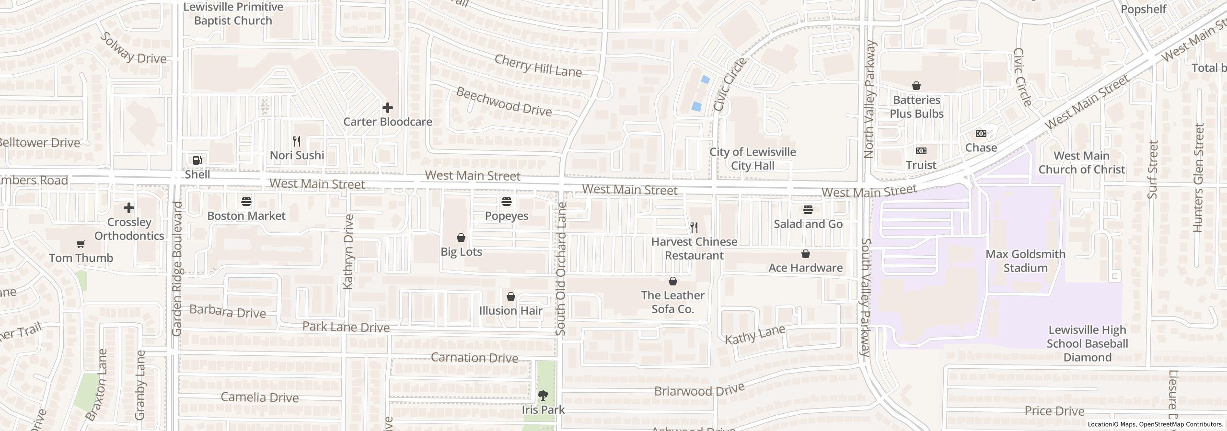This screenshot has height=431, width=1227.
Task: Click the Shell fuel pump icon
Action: pos(197,160)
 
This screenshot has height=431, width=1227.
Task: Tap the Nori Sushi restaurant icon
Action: pos(297,141)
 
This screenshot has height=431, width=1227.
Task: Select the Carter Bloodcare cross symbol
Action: pos(387,108)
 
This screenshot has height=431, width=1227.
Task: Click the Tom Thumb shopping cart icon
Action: pos(81,244)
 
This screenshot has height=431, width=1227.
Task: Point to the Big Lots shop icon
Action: pos(461,238)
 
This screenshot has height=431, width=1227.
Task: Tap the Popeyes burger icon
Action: pos(507,202)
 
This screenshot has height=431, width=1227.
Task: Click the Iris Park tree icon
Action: pos(543,396)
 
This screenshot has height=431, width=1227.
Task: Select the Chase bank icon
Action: pos(981,134)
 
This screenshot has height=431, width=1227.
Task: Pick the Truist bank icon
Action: pos(921,151)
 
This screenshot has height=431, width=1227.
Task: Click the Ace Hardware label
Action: pos(805,268)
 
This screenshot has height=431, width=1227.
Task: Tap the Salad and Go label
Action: pos(808,224)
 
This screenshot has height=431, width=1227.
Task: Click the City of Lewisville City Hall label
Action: pos(752,159)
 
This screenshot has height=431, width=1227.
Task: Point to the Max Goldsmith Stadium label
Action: pos(1025,261)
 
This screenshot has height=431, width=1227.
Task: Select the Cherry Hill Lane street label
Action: pos(537,66)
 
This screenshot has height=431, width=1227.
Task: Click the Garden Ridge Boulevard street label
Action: pos(177,268)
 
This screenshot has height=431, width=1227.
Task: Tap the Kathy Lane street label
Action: pos(755,334)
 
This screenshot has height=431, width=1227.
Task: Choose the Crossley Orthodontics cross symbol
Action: pos(128,208)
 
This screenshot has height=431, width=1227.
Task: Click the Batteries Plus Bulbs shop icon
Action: pos(916,86)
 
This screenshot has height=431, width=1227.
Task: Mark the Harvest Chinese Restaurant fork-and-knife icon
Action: pos(694,227)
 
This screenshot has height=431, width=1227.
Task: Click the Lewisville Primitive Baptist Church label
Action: pos(233,14)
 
